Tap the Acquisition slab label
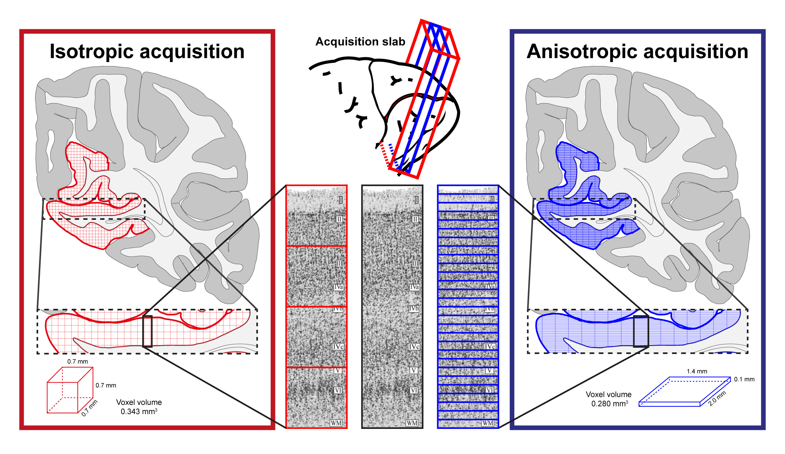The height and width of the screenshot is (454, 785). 360,42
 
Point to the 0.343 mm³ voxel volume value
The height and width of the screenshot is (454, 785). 139,412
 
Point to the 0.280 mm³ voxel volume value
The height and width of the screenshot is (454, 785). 609,404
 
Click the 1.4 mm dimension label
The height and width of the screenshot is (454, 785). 697,371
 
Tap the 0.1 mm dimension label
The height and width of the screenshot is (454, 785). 744,379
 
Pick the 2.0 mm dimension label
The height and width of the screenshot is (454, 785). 717,398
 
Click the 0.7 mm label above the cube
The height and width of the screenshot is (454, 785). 78,362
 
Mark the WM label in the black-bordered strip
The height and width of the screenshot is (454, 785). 412,423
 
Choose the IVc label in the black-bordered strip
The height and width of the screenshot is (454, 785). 414,347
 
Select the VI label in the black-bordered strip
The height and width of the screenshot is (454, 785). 414,390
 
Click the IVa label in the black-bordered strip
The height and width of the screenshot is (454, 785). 414,287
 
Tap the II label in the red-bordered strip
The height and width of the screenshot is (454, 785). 339,219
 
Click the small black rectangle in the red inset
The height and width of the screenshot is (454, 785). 147,331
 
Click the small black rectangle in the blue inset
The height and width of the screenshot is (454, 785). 641,331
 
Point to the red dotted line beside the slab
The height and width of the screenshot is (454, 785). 384,155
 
